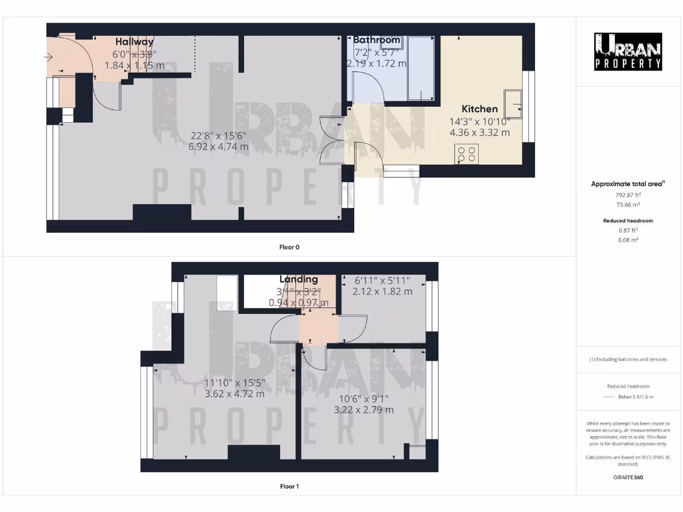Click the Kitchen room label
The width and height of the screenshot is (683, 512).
pos(480,109)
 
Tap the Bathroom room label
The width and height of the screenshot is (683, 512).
pos(377,40)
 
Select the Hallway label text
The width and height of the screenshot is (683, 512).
pos(134,41)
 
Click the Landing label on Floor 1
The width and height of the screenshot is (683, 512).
pos(298,279)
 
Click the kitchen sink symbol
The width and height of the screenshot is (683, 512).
pos(514,101)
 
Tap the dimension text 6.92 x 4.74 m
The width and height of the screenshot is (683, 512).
pos(218,147)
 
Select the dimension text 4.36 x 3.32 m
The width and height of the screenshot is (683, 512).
pos(480,133)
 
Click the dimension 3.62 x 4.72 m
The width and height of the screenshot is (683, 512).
pos(234,393)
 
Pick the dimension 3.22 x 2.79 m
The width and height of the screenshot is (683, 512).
pos(364,409)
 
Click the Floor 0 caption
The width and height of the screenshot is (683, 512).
pos(289,247)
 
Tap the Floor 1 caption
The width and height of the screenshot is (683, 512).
pos(289,487)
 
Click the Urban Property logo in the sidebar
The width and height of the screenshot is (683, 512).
pos(628,52)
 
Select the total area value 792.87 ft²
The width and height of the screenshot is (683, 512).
pos(628,195)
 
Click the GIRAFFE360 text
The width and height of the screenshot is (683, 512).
pos(628,477)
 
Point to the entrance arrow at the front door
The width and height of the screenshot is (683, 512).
pos(48,58)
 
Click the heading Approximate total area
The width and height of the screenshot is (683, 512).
pos(628,184)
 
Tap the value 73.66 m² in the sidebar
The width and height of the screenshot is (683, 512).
pos(628,207)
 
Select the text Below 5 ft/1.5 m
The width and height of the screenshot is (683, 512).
pos(636,397)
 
